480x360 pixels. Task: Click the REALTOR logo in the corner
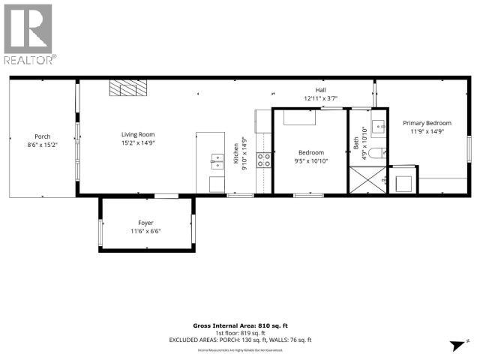[28, 33]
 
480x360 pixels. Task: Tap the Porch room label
[43, 136]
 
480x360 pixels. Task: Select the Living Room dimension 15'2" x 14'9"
[133, 143]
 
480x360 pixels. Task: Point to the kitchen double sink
[217, 158]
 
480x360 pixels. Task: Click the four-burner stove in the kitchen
[264, 159]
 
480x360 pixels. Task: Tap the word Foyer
[146, 223]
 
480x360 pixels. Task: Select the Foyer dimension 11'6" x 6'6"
[146, 231]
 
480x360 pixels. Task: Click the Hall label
[320, 89]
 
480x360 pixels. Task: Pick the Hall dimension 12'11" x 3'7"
[320, 98]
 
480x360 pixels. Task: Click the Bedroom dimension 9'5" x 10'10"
[311, 161]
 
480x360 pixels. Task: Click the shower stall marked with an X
[365, 181]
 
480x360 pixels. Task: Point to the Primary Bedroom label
[427, 122]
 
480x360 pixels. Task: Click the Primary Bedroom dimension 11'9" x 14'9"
[427, 131]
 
